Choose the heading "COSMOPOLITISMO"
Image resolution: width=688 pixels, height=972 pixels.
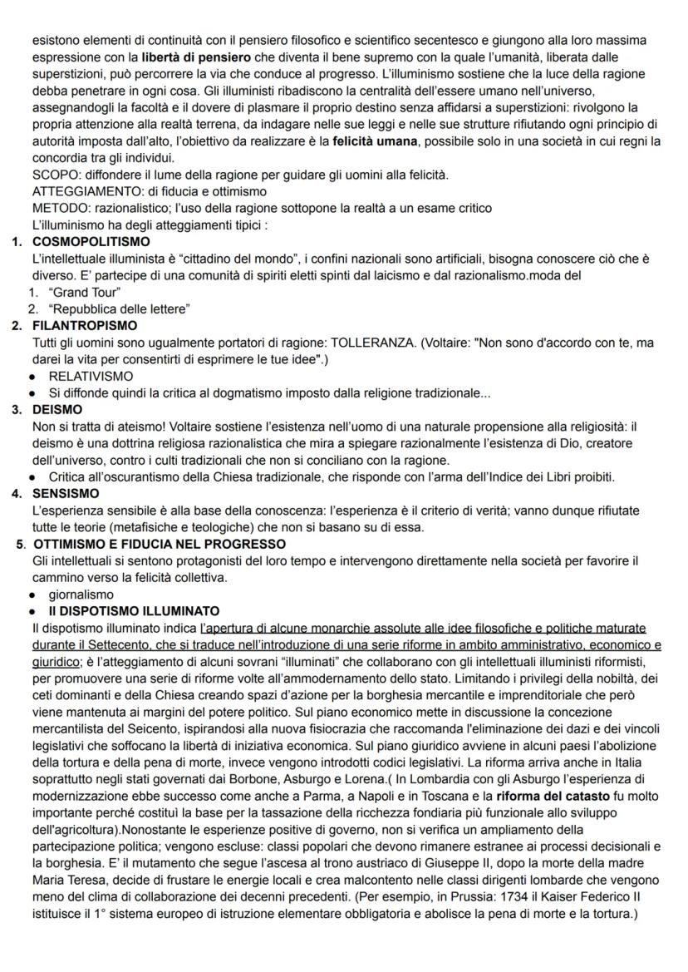point(91,242)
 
